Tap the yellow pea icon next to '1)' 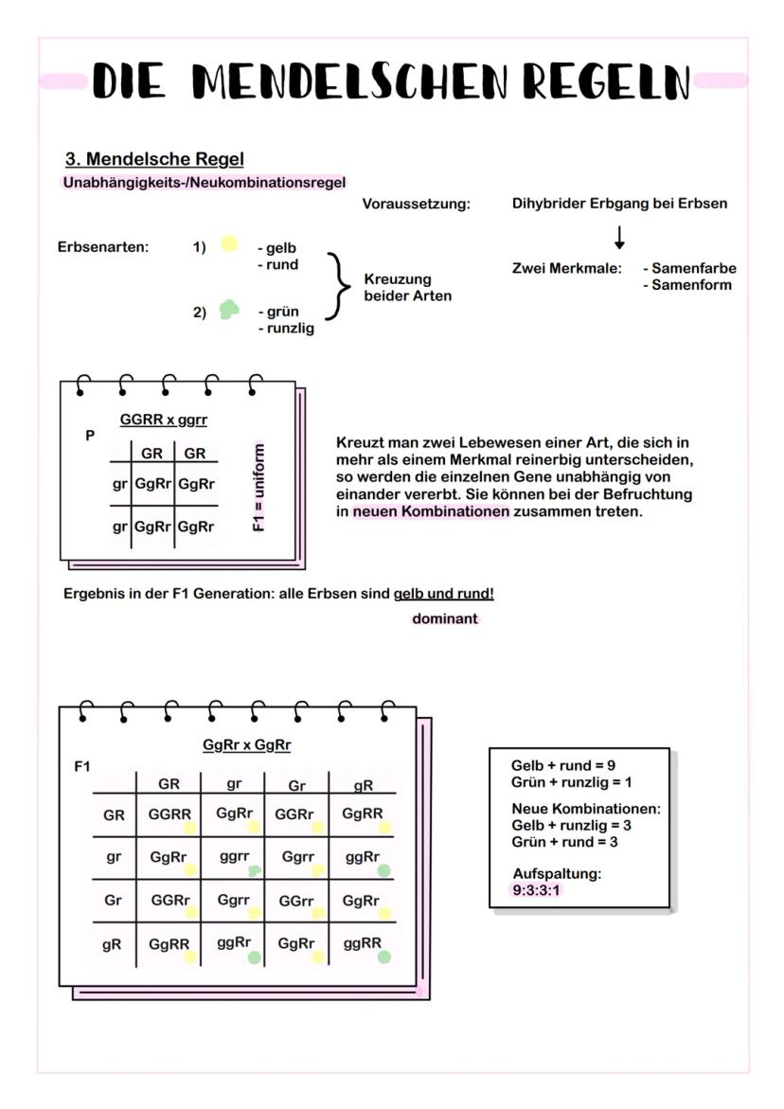point(228,244)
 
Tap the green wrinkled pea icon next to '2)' point(228,310)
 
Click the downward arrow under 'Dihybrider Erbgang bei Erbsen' point(619,236)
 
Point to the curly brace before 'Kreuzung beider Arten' point(336,286)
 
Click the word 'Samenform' point(691,284)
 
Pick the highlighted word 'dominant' point(445,618)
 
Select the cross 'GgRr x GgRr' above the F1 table point(247,745)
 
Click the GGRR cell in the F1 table point(169,814)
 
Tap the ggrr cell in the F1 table point(234,856)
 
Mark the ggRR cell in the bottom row point(362,943)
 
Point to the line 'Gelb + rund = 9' point(564,765)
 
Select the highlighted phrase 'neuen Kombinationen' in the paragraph point(431,511)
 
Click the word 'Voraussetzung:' point(416,204)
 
